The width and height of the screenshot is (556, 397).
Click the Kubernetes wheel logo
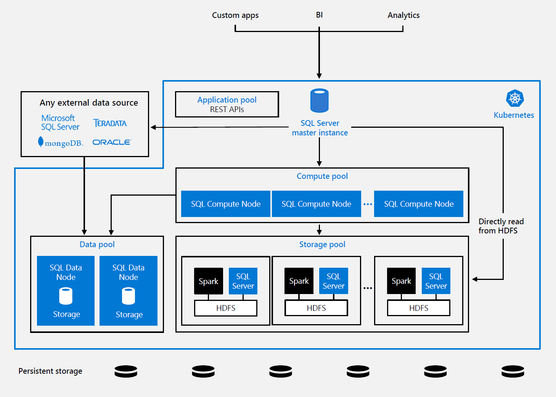click(x=515, y=98)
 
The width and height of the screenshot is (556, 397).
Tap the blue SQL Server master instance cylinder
click(x=319, y=101)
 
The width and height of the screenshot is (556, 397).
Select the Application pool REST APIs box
click(x=227, y=104)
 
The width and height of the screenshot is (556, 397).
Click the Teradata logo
click(x=110, y=123)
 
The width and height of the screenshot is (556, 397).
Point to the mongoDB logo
click(x=60, y=143)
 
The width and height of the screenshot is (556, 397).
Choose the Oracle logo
click(x=112, y=142)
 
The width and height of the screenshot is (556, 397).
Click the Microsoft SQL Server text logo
click(x=60, y=122)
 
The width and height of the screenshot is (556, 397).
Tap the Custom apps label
click(x=235, y=15)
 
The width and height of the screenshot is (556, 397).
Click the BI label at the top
click(x=319, y=15)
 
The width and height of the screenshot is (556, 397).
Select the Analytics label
click(x=403, y=15)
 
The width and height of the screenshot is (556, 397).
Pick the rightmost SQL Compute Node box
click(x=418, y=204)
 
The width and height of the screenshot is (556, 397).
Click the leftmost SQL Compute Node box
click(x=225, y=204)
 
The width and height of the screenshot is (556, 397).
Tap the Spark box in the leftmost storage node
click(x=208, y=281)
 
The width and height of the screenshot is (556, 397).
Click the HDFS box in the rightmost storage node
click(x=418, y=308)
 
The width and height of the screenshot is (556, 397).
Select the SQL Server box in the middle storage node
click(x=333, y=281)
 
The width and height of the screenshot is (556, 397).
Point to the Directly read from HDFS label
click(x=501, y=226)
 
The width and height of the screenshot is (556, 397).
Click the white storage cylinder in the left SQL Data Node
click(x=66, y=296)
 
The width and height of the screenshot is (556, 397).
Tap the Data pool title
click(x=97, y=244)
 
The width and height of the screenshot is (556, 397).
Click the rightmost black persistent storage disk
click(x=513, y=371)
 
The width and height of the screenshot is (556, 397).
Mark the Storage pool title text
click(x=322, y=244)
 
